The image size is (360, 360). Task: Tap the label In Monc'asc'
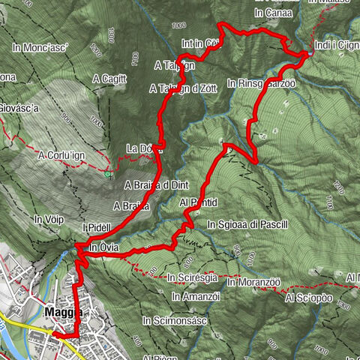tap(40, 47)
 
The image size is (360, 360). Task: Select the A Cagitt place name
tap(109, 78)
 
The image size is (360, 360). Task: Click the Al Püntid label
tap(199, 202)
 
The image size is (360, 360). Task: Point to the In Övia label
tap(103, 247)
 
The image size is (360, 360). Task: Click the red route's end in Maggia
tap(55, 335)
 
